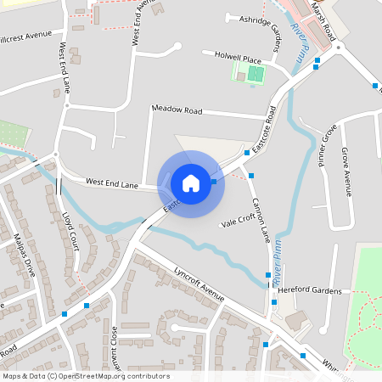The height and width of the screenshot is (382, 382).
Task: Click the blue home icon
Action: [191, 183]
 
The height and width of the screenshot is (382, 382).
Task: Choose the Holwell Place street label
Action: [238, 59]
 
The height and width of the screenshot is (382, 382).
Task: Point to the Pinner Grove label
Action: [328, 144]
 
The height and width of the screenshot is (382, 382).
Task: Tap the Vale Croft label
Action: [238, 220]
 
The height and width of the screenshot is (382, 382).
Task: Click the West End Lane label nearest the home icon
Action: [112, 183]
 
